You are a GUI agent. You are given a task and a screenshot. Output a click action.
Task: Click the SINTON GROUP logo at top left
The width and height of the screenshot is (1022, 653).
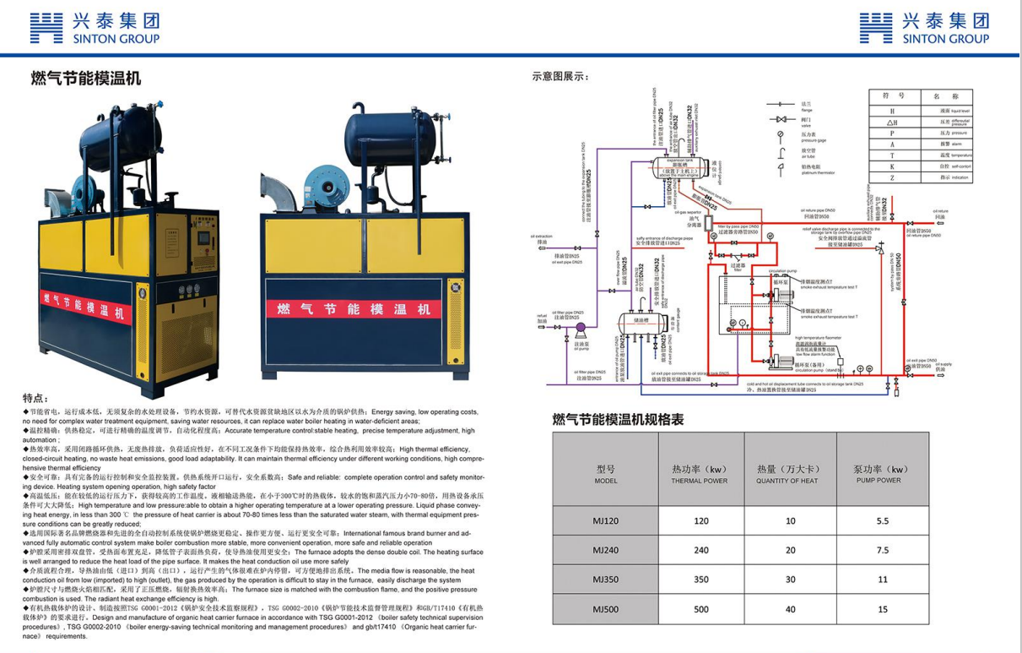click(94, 28)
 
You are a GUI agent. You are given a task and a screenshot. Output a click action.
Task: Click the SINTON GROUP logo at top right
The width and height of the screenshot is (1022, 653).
click(924, 28)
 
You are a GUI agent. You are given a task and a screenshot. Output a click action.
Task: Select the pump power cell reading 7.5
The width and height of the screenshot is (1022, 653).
click(882, 550)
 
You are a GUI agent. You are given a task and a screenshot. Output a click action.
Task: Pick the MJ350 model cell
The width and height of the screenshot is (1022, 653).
click(605, 580)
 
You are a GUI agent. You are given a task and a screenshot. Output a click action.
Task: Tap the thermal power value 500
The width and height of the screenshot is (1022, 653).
click(700, 609)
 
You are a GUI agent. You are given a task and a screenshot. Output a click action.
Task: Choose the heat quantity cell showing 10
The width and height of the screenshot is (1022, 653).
click(790, 521)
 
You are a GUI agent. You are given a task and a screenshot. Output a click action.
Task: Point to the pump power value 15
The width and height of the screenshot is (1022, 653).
click(882, 609)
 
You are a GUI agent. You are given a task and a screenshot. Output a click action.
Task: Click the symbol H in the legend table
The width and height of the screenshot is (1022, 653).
click(891, 111)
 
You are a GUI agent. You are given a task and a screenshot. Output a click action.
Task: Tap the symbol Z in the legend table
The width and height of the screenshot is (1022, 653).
click(891, 178)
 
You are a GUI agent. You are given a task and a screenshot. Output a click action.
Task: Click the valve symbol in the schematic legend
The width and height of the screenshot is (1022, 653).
click(781, 119)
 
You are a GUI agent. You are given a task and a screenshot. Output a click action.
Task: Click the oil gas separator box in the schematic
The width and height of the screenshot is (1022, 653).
click(695, 223)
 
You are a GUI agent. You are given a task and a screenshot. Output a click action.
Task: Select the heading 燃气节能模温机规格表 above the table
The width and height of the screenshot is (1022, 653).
click(618, 418)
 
